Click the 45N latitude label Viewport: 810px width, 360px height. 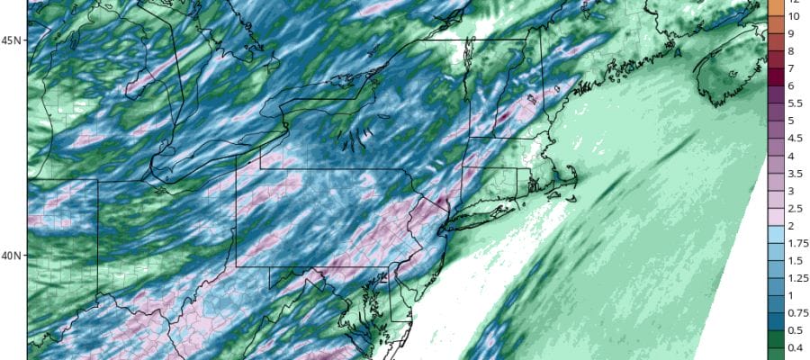pos(12,40)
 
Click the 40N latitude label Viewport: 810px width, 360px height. pos(12,256)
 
